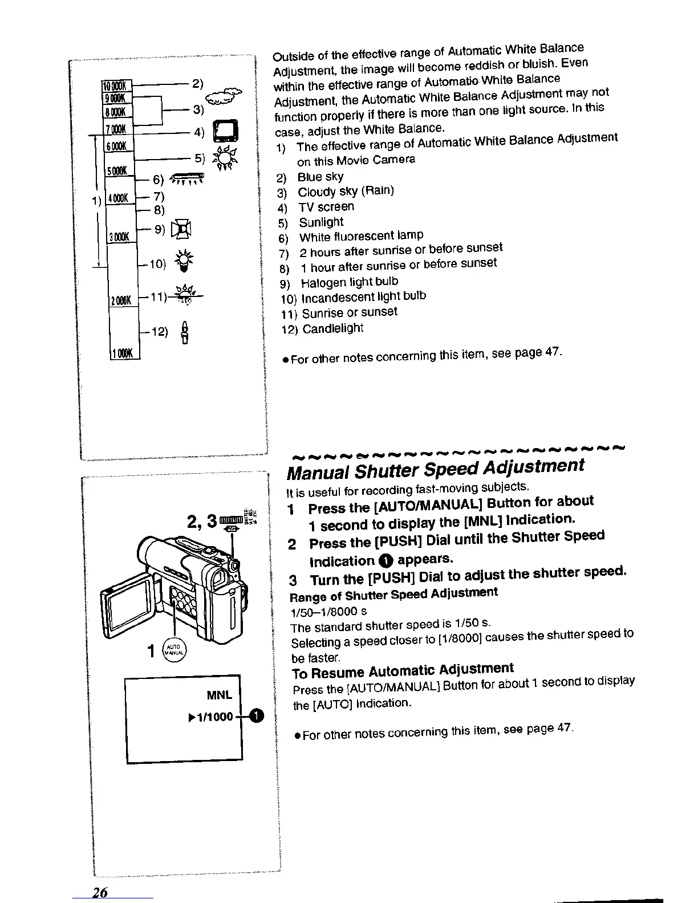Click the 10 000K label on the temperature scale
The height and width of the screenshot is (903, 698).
tap(116, 86)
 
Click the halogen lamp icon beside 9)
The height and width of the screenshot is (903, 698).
tap(184, 229)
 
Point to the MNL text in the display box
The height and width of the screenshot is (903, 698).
tap(219, 695)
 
